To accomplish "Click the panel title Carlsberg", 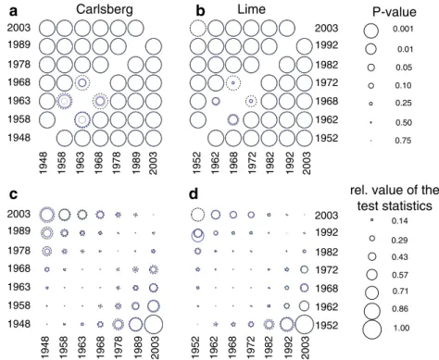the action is coord(105,9).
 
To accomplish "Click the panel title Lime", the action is coord(251,9).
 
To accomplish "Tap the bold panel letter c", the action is coord(13,194).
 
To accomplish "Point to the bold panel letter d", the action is coord(194,194).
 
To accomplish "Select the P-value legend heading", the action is coord(395,12).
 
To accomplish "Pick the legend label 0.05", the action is coord(404,68).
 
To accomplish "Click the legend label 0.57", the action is coord(400,275).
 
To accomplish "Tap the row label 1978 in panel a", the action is coord(19,64).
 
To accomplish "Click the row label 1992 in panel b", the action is coord(327,45).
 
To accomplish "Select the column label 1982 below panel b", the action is coord(270,163).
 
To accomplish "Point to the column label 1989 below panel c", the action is coord(136,347).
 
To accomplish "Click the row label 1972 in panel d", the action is coord(327,269).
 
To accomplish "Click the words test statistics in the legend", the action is coord(395,205).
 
